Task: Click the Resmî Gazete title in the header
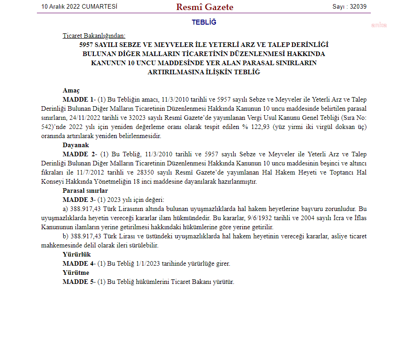(205, 7)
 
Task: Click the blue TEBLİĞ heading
(204, 22)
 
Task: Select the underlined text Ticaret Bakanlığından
(94, 36)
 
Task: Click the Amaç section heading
(71, 90)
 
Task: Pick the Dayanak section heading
(76, 145)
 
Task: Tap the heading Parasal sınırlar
(85, 190)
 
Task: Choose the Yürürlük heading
(77, 254)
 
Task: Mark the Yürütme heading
(76, 273)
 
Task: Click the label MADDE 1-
(79, 99)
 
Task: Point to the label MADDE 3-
(79, 200)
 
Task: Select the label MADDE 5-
(79, 282)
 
